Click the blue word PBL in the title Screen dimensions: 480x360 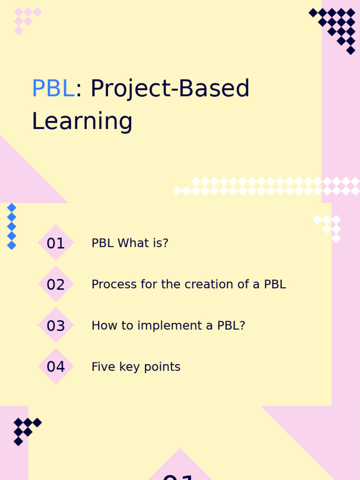click(53, 89)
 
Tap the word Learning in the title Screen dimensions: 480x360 click(82, 121)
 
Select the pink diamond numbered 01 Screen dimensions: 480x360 click(56, 243)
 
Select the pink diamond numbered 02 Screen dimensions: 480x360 click(56, 284)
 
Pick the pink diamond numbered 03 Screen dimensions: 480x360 click(56, 325)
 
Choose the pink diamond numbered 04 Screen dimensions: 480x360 click(56, 367)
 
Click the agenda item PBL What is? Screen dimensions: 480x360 click(129, 243)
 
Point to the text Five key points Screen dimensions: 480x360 click(135, 367)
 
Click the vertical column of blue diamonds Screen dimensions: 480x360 click(12, 226)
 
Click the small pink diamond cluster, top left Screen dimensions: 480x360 click(25, 19)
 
